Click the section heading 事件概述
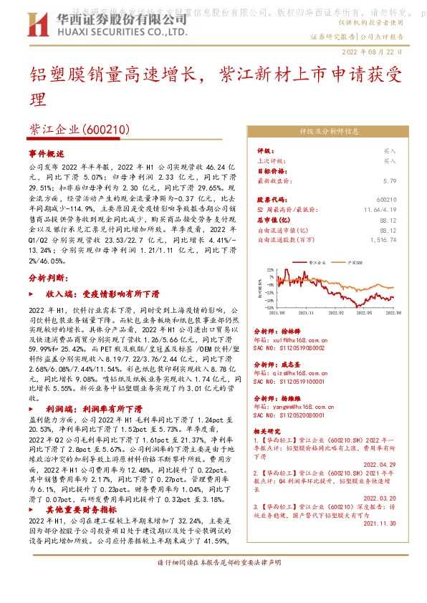point(47,153)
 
